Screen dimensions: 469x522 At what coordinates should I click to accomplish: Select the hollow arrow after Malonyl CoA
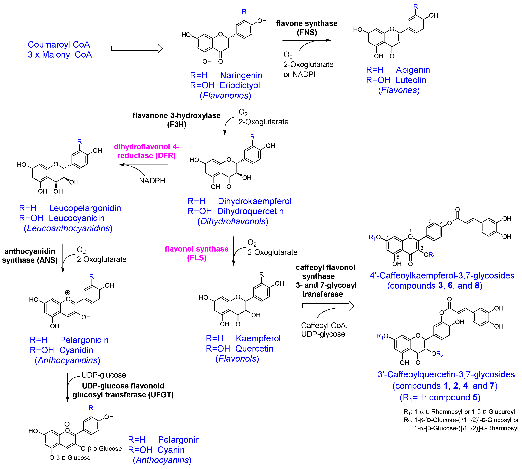pyautogui.click(x=137, y=48)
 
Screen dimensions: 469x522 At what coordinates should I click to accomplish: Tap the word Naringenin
pyautogui.click(x=241, y=75)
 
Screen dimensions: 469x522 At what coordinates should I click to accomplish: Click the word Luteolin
pyautogui.click(x=411, y=80)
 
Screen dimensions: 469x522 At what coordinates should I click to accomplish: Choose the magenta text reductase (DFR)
pyautogui.click(x=147, y=156)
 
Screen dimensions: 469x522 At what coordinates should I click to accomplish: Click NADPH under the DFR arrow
pyautogui.click(x=152, y=181)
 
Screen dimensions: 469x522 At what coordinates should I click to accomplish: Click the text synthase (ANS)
pyautogui.click(x=30, y=260)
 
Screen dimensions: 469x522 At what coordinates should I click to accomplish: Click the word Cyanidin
pyautogui.click(x=76, y=350)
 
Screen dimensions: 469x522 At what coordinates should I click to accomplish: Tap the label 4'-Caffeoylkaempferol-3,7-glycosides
pyautogui.click(x=442, y=275)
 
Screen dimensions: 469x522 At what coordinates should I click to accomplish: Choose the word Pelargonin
pyautogui.click(x=179, y=440)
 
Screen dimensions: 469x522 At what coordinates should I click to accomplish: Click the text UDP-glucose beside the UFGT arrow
pyautogui.click(x=104, y=375)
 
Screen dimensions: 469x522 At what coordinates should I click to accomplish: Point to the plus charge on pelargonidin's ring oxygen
pyautogui.click(x=68, y=292)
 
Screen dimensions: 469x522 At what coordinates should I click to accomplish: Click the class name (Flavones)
pyautogui.click(x=399, y=90)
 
